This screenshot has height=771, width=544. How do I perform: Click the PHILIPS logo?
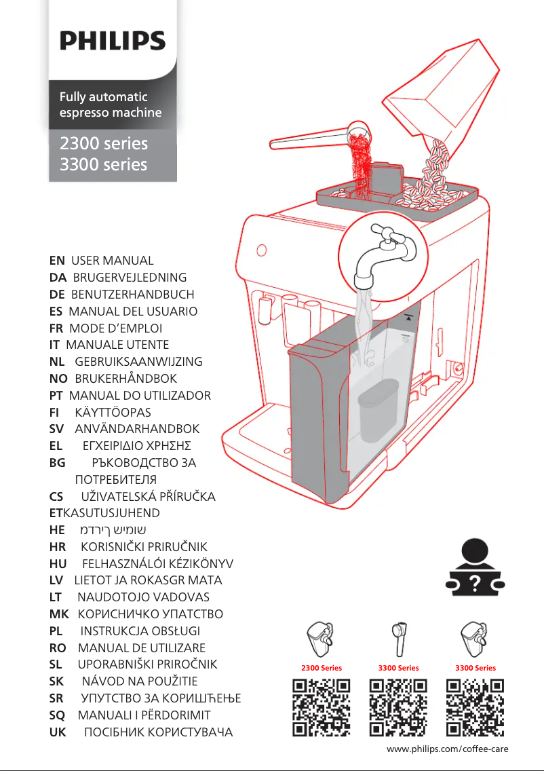(x=113, y=41)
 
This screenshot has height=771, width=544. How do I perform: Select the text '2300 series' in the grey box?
(x=104, y=143)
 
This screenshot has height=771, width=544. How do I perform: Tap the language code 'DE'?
(x=58, y=295)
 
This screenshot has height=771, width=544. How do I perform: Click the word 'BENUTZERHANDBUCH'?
(x=132, y=295)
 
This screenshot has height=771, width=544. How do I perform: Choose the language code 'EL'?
(x=57, y=446)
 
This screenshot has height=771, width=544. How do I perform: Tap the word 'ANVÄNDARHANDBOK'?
(x=136, y=429)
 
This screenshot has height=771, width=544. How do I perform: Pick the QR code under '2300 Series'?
(x=322, y=708)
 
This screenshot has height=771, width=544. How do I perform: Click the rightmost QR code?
(x=475, y=708)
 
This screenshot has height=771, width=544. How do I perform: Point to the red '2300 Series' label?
(x=322, y=668)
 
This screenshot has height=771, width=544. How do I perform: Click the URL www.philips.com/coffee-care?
(x=447, y=749)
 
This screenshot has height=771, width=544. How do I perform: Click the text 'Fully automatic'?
(x=103, y=97)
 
